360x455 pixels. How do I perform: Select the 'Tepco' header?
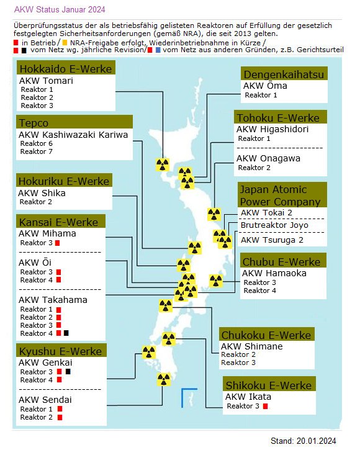tap(34, 122)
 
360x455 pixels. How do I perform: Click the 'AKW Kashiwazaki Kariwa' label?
tap(73, 134)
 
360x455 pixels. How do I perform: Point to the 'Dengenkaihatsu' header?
tap(283, 74)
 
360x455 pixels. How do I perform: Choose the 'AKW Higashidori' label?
tap(272, 129)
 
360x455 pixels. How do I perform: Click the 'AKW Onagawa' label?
tap(268, 158)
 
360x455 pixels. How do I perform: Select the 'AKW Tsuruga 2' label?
tap(272, 240)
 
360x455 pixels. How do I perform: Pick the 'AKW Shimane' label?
tap(251, 346)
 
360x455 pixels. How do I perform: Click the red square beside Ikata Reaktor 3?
tap(265, 407)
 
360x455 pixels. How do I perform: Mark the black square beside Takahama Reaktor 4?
tap(66, 334)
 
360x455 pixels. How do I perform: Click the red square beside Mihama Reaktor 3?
tap(57, 243)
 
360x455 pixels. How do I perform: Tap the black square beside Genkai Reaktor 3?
tap(68, 372)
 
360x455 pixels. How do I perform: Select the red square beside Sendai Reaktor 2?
tap(60, 417)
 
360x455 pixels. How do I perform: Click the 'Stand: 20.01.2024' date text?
tap(303, 441)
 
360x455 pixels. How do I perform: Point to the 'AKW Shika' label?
tap(42, 192)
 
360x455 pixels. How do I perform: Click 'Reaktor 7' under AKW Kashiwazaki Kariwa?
tap(37, 151)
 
